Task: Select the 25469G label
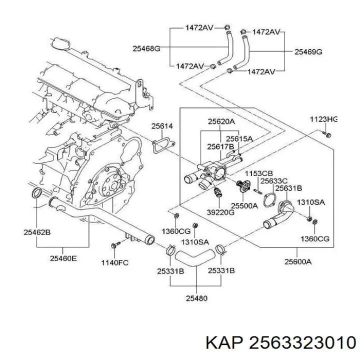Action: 308,51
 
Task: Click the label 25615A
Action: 239,138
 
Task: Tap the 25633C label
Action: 275,181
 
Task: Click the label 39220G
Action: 220,212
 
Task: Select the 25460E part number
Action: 63,258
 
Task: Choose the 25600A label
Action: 298,261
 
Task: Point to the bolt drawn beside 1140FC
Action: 114,245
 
